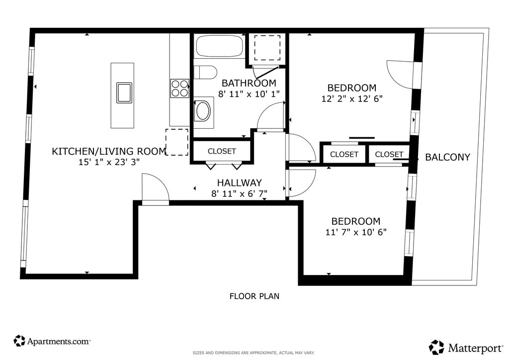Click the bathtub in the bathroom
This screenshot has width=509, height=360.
pos(220,46)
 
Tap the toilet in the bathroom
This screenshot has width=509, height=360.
pos(205,73)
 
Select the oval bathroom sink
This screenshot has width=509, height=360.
pos(203,111)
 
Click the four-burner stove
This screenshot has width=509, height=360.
pos(180,89)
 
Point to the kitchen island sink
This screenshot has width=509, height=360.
pos(124,93)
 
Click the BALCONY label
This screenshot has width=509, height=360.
pos(448,157)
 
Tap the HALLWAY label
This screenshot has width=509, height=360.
pos(240,183)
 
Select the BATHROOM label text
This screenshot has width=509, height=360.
pos(249,83)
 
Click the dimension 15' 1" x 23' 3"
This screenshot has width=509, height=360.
pos(109,162)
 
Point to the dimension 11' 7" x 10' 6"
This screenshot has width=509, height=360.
pos(356,232)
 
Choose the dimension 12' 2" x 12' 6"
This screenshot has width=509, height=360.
pos(352,98)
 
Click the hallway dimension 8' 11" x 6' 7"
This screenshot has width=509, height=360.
pos(240,194)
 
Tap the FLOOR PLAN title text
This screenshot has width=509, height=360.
pos(254,296)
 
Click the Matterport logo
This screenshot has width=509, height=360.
pos(466,348)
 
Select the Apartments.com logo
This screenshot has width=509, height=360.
pos(52,341)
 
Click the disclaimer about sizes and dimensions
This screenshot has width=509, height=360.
pos(254,353)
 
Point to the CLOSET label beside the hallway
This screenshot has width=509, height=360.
pos(222,151)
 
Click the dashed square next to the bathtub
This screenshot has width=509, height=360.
pos(267,48)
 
